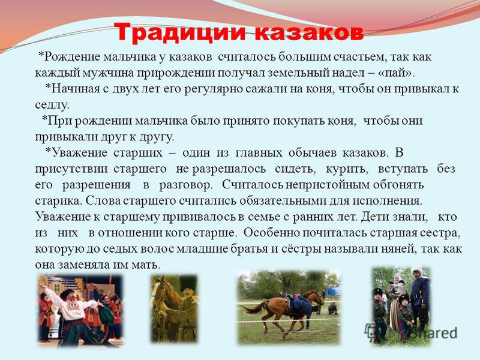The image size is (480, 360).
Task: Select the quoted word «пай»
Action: tap(397, 73)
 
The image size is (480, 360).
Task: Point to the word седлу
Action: tap(52, 105)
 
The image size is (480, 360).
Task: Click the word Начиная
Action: tap(73, 89)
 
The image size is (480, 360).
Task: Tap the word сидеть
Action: tap(295, 169)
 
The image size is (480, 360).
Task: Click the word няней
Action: tap(399, 249)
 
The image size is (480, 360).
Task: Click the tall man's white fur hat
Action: tap(416, 270)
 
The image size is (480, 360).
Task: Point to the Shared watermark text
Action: tap(434, 333)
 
